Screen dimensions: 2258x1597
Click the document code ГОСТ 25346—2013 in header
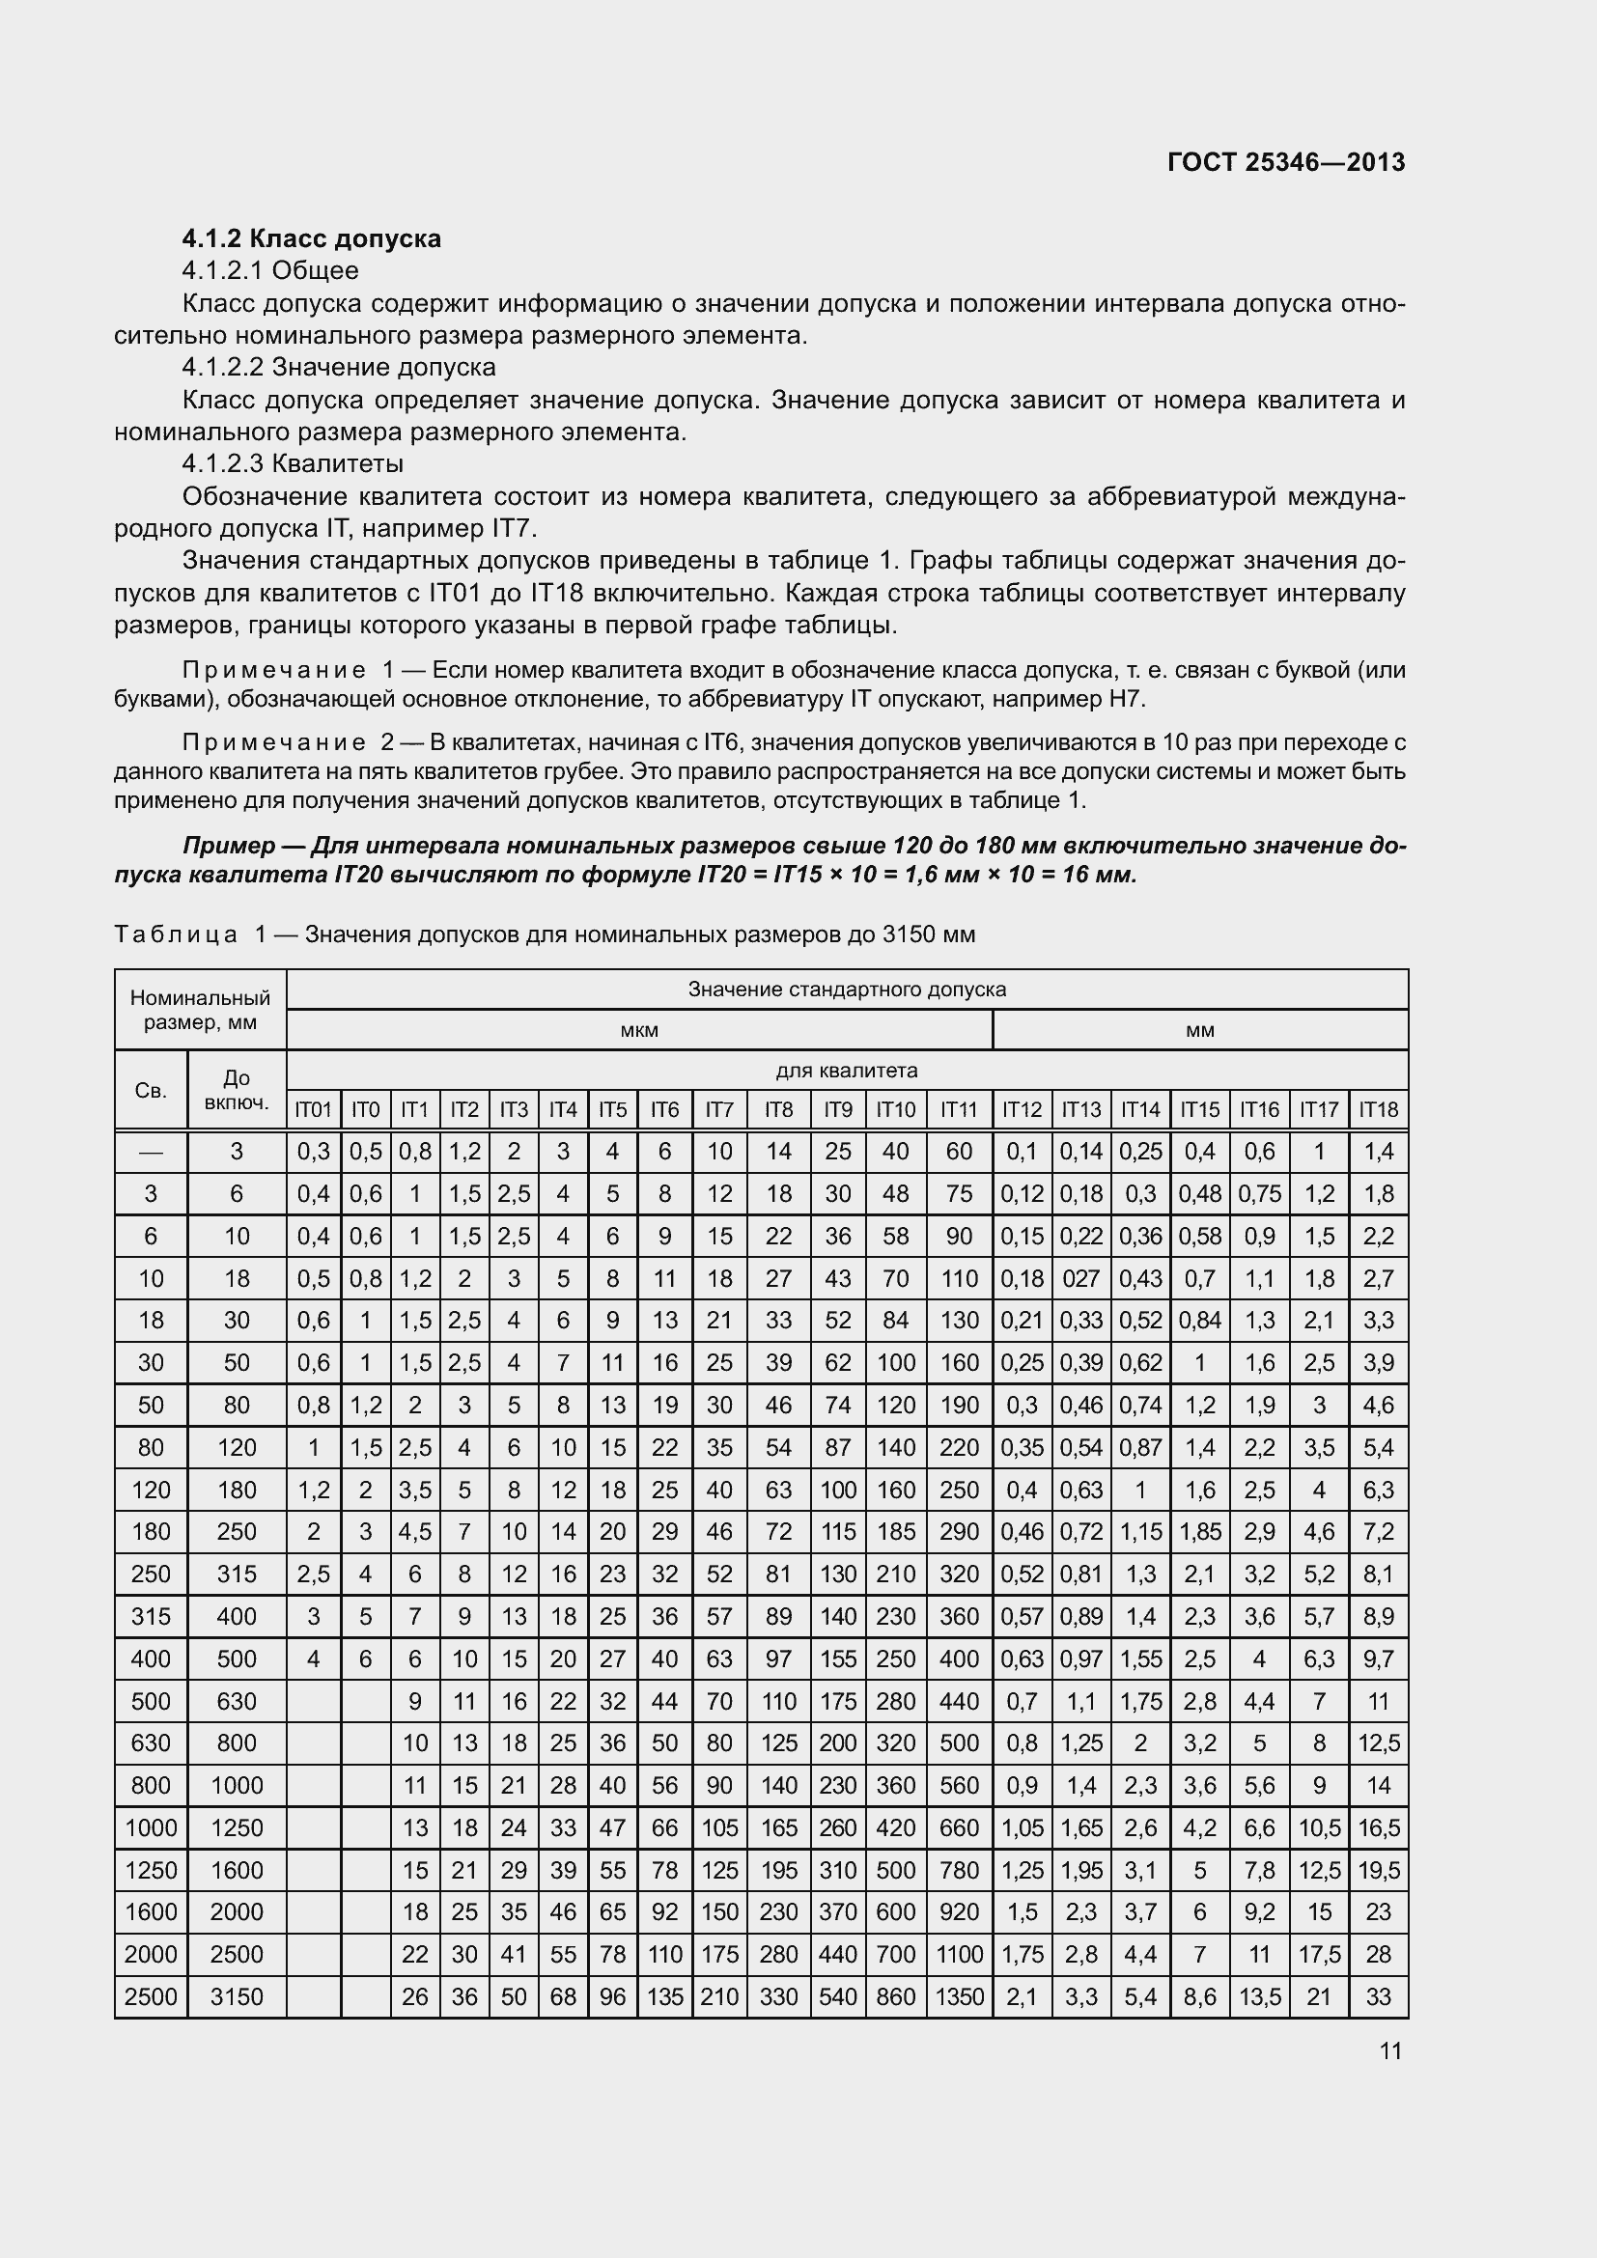pyautogui.click(x=1285, y=162)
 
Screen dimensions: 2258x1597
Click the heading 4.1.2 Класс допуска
pyautogui.click(x=311, y=238)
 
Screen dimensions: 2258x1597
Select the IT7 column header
pyautogui.click(x=719, y=1109)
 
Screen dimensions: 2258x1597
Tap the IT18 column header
pyautogui.click(x=1378, y=1109)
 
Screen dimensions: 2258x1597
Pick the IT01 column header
pyautogui.click(x=313, y=1109)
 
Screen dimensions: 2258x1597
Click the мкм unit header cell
pyautogui.click(x=639, y=1030)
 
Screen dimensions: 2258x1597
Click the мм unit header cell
pyautogui.click(x=1200, y=1030)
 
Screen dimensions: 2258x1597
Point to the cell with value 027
pyautogui.click(x=1080, y=1278)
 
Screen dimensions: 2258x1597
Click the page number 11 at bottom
pyautogui.click(x=1389, y=2050)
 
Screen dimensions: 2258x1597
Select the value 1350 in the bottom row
pyautogui.click(x=959, y=1996)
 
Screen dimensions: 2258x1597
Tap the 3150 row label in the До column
pyautogui.click(x=236, y=1996)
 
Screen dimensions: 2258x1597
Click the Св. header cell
pyautogui.click(x=151, y=1090)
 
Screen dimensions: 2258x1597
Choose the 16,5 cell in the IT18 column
pyautogui.click(x=1378, y=1827)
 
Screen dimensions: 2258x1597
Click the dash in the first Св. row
pyautogui.click(x=151, y=1152)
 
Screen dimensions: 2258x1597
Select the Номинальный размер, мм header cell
pyautogui.click(x=200, y=1009)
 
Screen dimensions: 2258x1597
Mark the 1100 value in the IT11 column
pyautogui.click(x=959, y=1954)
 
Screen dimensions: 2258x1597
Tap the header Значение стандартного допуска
pyautogui.click(x=846, y=989)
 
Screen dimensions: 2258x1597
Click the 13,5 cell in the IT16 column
pyautogui.click(x=1259, y=1996)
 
